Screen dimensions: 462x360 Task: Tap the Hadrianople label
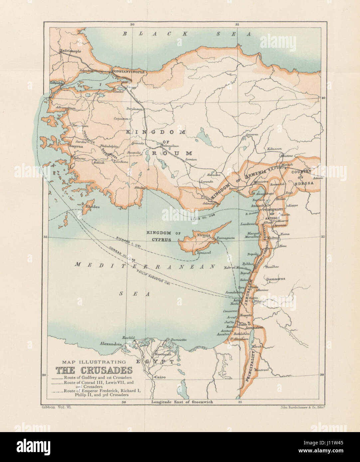click(69, 51)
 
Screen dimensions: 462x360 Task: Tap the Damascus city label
click(276, 279)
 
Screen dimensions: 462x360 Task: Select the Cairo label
click(160, 377)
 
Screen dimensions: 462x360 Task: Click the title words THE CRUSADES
click(93, 370)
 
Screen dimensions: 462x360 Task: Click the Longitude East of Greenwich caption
click(182, 402)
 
